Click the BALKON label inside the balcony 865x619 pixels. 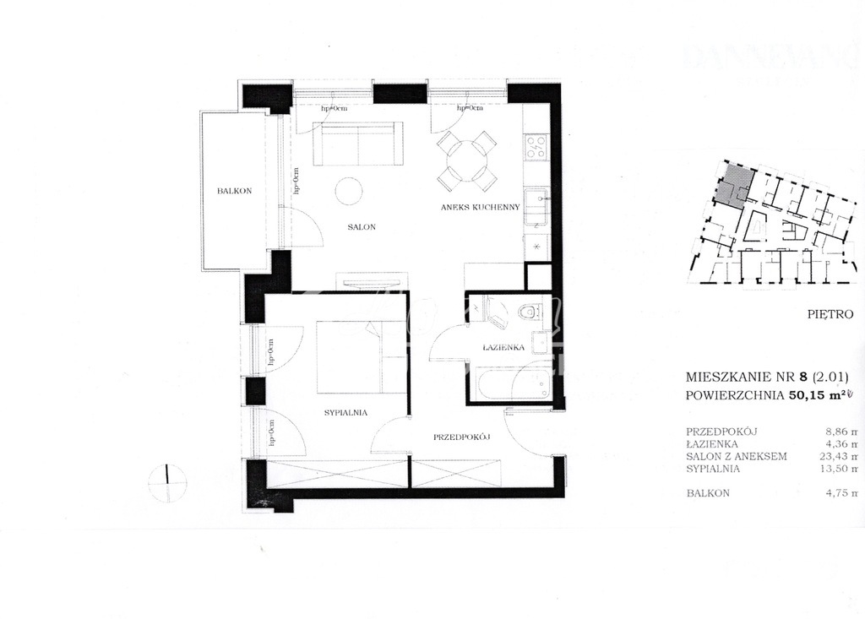(231, 191)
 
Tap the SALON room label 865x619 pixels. (361, 227)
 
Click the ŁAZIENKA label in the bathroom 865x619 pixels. (505, 347)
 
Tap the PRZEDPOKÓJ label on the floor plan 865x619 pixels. (462, 437)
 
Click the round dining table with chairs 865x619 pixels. (465, 160)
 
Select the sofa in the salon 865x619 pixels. (356, 144)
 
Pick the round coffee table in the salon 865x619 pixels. (349, 191)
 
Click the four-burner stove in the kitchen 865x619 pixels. (536, 149)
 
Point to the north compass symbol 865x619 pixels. (168, 481)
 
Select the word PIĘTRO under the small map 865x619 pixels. (830, 314)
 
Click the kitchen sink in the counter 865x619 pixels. (536, 204)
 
